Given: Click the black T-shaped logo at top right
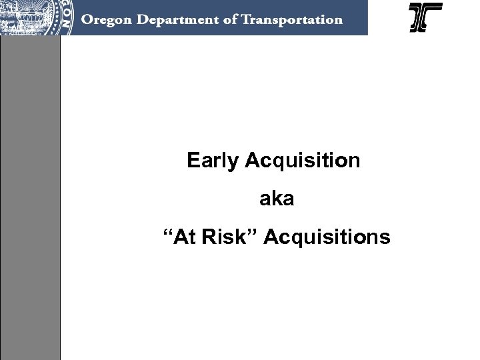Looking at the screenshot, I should pos(425,17).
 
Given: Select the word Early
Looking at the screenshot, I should pos(214,161).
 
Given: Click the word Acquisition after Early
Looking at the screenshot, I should pos(303,161).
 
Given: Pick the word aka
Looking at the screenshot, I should pos(274,199).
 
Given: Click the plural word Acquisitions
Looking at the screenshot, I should pos(327,237).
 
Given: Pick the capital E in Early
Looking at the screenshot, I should pos(193,161).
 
